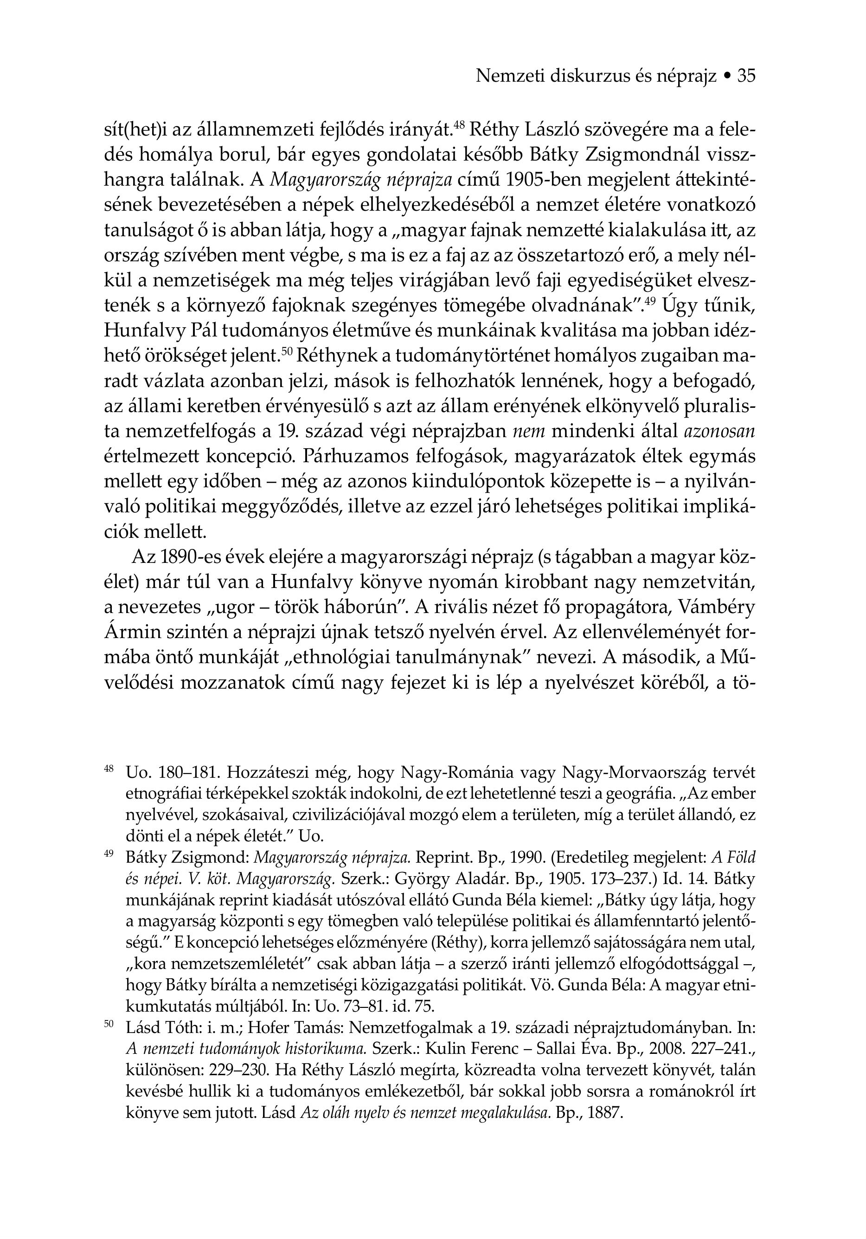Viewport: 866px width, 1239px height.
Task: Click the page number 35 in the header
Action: point(746,76)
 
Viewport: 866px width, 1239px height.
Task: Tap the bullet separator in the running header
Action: point(727,77)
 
